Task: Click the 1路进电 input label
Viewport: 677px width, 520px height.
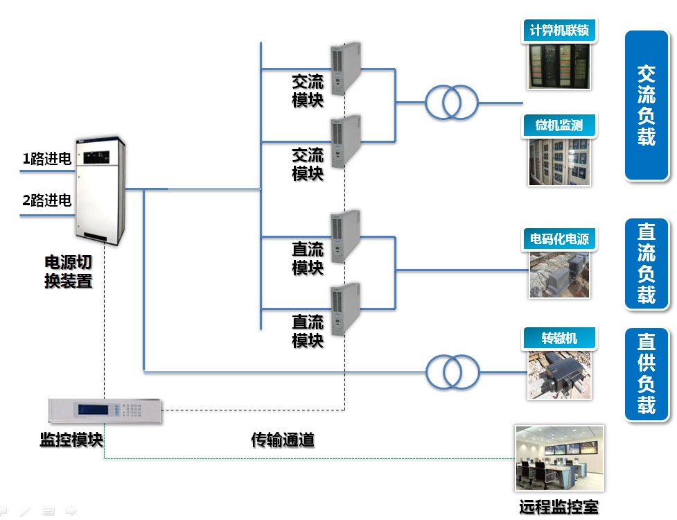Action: pos(47,159)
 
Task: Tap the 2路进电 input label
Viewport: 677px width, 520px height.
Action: pos(47,200)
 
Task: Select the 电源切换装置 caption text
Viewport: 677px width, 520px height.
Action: pos(68,272)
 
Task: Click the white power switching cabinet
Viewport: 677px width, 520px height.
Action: pos(100,191)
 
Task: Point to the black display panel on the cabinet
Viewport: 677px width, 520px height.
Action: pos(96,157)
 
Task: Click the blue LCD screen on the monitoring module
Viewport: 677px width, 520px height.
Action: pos(94,410)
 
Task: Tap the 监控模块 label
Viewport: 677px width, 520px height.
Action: pos(71,440)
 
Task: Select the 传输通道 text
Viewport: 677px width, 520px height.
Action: pos(283,440)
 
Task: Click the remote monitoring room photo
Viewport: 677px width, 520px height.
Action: pos(560,458)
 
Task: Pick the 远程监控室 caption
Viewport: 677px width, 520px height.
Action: pos(559,507)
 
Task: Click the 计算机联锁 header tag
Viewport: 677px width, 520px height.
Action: pos(559,31)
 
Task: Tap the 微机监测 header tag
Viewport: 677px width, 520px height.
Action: pos(559,125)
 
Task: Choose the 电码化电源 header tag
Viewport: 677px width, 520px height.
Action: pos(559,239)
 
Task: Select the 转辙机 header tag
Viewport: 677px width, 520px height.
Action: pos(559,338)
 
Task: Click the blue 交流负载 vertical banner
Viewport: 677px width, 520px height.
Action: pos(647,105)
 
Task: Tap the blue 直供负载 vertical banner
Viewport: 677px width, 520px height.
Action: pos(647,374)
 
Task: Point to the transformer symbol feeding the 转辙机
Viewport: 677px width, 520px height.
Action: pos(452,372)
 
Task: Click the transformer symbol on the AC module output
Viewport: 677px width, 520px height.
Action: pos(452,103)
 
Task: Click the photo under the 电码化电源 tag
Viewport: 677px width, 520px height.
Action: pos(560,275)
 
